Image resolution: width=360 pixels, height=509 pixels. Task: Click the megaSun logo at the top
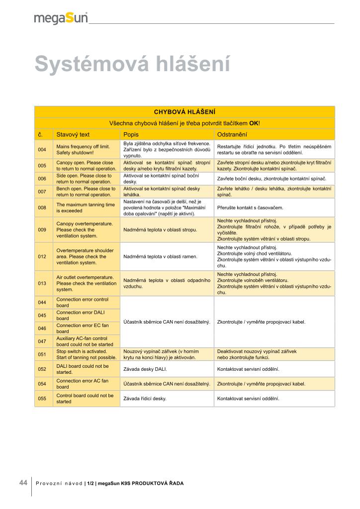pos(61,18)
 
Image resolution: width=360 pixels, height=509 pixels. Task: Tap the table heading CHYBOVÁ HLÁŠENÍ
pos(184,112)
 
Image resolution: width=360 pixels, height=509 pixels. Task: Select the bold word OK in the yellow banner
pos(254,123)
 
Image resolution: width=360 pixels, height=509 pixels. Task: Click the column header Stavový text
pos(73,134)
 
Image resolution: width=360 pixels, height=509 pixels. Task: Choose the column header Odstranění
pos(232,134)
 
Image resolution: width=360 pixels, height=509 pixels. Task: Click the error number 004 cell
pos(42,150)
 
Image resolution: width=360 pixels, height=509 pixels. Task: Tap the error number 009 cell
pos(42,230)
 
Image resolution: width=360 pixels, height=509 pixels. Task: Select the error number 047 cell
pos(42,341)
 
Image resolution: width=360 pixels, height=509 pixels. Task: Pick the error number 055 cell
pos(42,399)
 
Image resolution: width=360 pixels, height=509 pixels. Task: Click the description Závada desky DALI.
pos(145,369)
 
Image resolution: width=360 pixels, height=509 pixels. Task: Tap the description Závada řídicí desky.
pos(145,399)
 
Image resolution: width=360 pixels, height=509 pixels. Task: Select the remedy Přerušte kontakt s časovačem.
pos(250,208)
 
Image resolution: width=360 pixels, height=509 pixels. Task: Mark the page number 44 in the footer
pos(23,483)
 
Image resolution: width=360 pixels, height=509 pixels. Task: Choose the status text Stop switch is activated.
pos(82,351)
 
